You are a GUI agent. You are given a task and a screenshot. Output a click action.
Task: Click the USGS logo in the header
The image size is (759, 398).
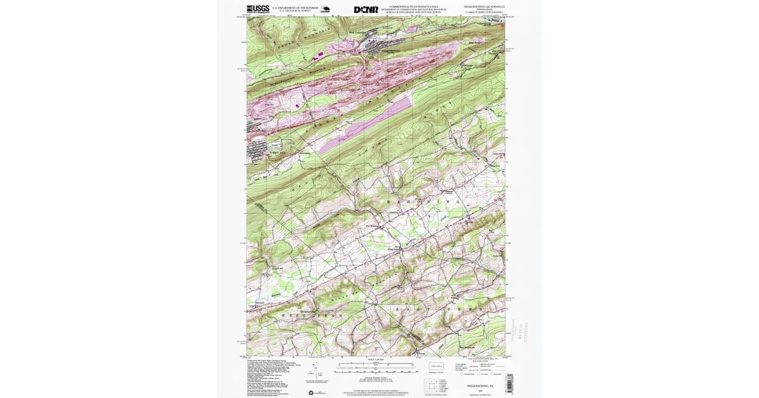coord(257,9)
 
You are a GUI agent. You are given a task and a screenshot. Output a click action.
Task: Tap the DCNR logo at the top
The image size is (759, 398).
coord(366,9)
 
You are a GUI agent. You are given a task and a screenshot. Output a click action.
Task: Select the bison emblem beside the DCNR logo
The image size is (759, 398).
coord(325,9)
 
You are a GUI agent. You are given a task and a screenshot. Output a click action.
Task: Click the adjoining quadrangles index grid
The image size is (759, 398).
coord(431,385)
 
